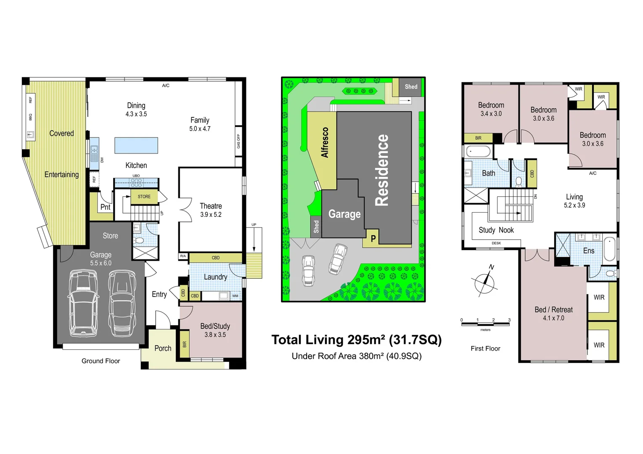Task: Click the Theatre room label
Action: (x=211, y=206)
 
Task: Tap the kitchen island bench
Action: (x=136, y=145)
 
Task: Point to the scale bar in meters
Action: (x=485, y=324)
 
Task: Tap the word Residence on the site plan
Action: (x=381, y=170)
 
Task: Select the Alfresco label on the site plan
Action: (x=325, y=143)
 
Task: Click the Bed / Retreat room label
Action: (x=553, y=310)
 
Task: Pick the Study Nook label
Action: (x=496, y=230)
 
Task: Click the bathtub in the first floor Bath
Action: (x=478, y=151)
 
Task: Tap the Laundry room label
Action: (x=215, y=277)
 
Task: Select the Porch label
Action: (x=163, y=348)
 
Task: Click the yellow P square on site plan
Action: (x=373, y=239)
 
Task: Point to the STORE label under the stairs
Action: (x=144, y=197)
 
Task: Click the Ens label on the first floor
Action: (x=589, y=251)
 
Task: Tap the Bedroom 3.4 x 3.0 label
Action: (x=491, y=106)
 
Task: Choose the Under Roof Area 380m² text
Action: (x=357, y=356)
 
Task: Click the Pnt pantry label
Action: (x=105, y=207)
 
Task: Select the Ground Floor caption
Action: (x=101, y=361)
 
